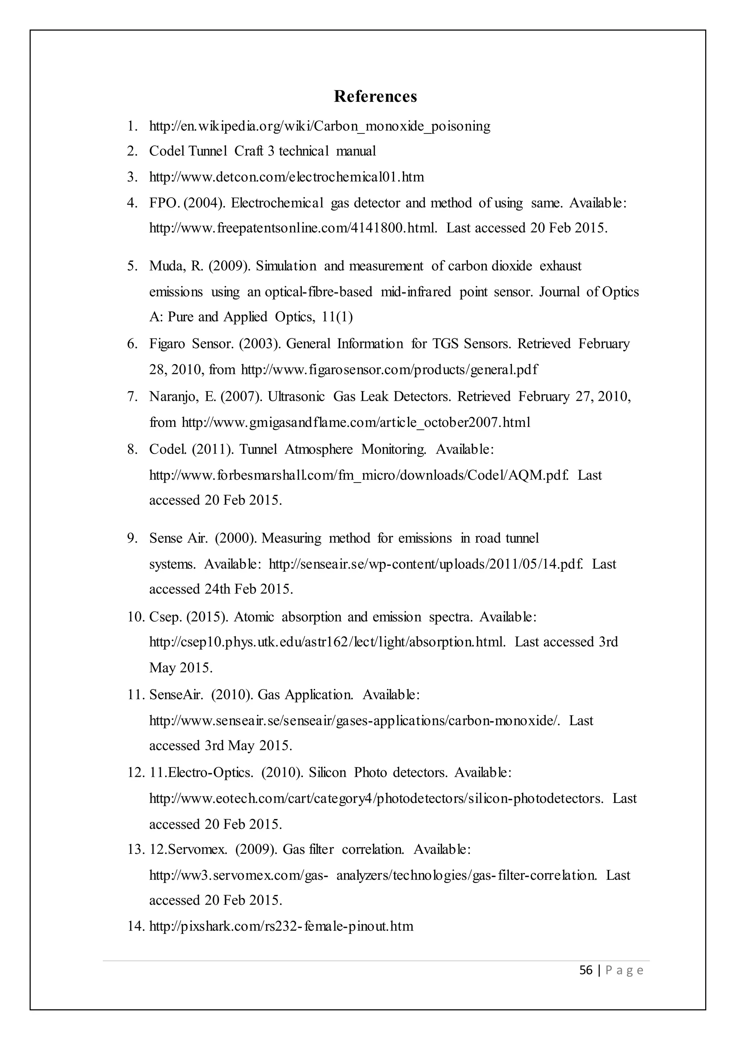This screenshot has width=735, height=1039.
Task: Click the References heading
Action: pyautogui.click(x=375, y=97)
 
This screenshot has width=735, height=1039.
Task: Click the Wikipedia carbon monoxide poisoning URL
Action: pyautogui.click(x=319, y=126)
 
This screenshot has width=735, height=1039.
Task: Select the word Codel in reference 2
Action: pyautogui.click(x=167, y=151)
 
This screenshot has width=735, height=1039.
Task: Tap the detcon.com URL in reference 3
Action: pyautogui.click(x=286, y=177)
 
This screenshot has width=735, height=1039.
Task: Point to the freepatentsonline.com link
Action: pyautogui.click(x=293, y=228)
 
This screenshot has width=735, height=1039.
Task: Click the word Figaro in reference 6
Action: pyautogui.click(x=167, y=344)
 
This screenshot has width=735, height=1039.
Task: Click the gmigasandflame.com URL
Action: pyautogui.click(x=356, y=423)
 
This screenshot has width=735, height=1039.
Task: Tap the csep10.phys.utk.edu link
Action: pyautogui.click(x=327, y=642)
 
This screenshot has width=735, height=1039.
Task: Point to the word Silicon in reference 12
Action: pyautogui.click(x=327, y=772)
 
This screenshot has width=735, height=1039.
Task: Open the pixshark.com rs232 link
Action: pyautogui.click(x=281, y=927)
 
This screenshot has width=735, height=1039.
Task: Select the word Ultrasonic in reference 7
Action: pyautogui.click(x=296, y=397)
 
